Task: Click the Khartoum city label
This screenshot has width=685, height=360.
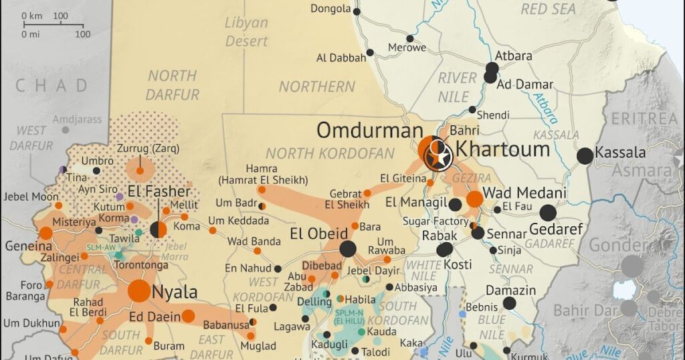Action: tap(502, 149)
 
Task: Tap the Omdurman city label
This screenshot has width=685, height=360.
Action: tap(365, 130)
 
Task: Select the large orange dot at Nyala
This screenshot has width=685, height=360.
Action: tap(139, 290)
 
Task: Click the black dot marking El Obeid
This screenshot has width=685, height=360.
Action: tap(347, 250)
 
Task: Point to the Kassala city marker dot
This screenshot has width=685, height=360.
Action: tap(585, 156)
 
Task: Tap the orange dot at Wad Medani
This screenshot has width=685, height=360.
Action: tap(474, 199)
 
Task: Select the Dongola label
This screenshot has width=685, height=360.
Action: tap(330, 9)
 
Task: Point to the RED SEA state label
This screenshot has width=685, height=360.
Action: tap(548, 9)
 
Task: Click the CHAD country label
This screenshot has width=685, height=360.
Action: tap(52, 85)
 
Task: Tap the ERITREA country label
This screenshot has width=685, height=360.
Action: tap(644, 118)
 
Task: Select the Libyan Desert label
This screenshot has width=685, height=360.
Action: tap(246, 32)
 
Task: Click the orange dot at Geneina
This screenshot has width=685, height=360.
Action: tap(45, 233)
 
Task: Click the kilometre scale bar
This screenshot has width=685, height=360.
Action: tap(53, 24)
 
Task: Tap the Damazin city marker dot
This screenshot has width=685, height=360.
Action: tap(509, 303)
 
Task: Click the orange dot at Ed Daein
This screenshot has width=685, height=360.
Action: tap(188, 316)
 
